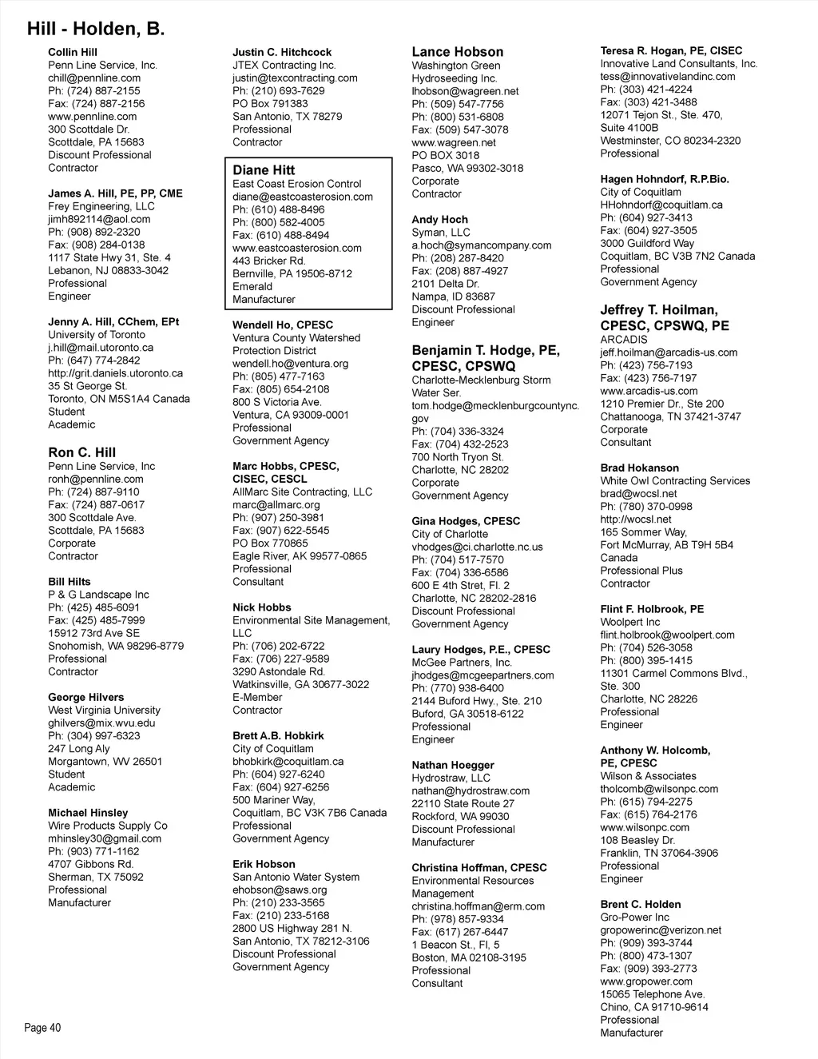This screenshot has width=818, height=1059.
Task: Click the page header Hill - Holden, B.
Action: (x=96, y=30)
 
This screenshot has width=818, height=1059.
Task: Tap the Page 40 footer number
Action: (x=42, y=1028)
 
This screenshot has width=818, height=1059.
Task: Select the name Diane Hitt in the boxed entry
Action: (x=264, y=170)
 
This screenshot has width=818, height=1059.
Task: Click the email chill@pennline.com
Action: (x=94, y=78)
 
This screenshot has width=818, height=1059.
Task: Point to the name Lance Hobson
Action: (x=458, y=52)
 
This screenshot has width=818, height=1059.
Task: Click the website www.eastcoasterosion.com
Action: (x=297, y=248)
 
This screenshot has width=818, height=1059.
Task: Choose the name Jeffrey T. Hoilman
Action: (x=659, y=310)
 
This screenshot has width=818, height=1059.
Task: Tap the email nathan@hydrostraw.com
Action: (x=471, y=791)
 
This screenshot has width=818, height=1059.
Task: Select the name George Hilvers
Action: (x=86, y=698)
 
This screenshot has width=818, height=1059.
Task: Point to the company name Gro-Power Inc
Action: (x=635, y=918)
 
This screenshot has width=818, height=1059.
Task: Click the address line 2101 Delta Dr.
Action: (x=446, y=284)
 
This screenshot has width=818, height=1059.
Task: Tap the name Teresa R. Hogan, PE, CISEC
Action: (x=671, y=51)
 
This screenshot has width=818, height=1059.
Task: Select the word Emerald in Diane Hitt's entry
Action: (x=252, y=286)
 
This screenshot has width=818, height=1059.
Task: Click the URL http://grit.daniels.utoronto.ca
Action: (x=115, y=373)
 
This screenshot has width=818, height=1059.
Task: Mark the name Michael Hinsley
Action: (x=88, y=813)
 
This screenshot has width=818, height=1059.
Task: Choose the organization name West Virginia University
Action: (x=104, y=711)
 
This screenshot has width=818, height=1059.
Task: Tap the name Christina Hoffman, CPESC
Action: (x=479, y=868)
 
